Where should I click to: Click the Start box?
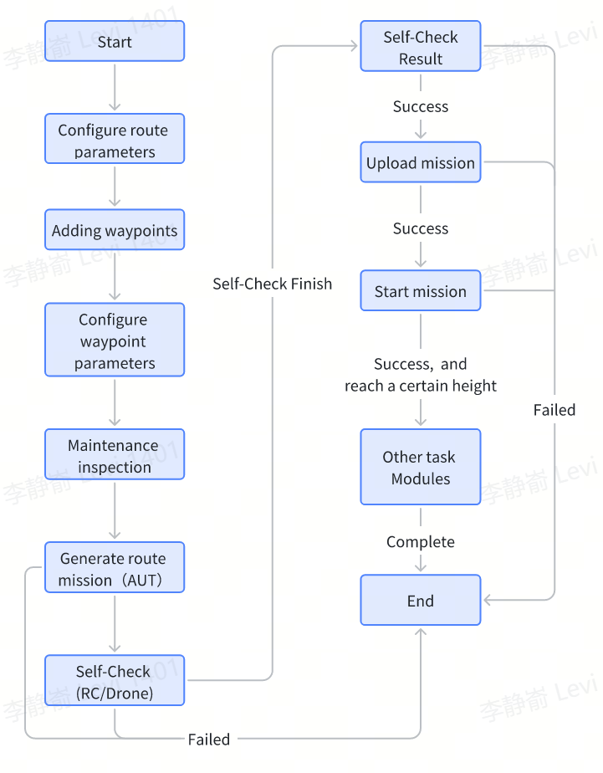coord(115,42)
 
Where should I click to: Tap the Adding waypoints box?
coord(115,230)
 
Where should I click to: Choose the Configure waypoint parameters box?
coord(115,340)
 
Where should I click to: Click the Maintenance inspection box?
coord(115,455)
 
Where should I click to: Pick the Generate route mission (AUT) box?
coord(115,568)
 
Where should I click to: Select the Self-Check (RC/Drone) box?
coord(115,681)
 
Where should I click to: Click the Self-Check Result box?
coord(421,47)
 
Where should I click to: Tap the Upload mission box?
coord(421,163)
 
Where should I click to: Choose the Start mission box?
coord(421,291)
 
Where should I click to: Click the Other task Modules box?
coord(421,467)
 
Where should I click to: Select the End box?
coord(421,601)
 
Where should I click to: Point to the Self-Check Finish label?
coord(273,284)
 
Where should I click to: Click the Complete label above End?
coord(421,542)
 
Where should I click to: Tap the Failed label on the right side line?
coord(554,410)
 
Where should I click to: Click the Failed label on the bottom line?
coord(209,739)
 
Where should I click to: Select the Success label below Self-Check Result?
coord(421,106)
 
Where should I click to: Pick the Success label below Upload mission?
coord(421,228)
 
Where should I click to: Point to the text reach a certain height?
coord(421,386)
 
